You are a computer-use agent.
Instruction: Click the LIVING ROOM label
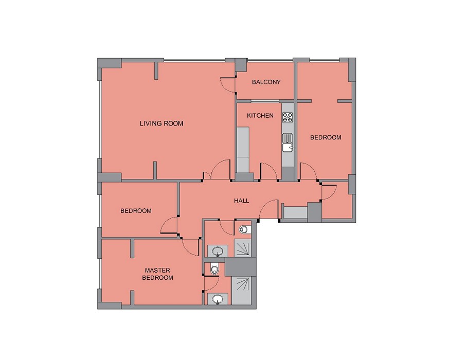pos(161,123)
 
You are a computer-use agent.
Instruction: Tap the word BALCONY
pos(266,82)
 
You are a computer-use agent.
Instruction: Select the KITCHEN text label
pos(260,115)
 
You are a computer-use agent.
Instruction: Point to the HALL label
pos(241,201)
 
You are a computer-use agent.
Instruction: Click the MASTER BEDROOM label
pos(157,274)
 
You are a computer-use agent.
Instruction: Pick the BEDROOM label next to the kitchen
pos(326,137)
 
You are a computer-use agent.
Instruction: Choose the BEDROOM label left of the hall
pos(136,211)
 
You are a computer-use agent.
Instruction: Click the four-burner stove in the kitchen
pos(287,117)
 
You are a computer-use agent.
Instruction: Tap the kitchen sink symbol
pos(287,142)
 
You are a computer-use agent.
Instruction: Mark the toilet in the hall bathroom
pos(244,230)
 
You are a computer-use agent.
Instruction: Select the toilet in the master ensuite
pos(214,268)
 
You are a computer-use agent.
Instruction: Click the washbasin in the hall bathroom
pos(217,251)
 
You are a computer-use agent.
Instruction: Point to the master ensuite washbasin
pos(217,299)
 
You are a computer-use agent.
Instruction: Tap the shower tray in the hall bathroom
pos(243,248)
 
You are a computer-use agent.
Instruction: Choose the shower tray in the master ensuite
pos(241,291)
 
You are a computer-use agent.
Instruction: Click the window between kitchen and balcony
pos(265,101)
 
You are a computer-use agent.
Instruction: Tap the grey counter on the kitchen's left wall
pos(243,150)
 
